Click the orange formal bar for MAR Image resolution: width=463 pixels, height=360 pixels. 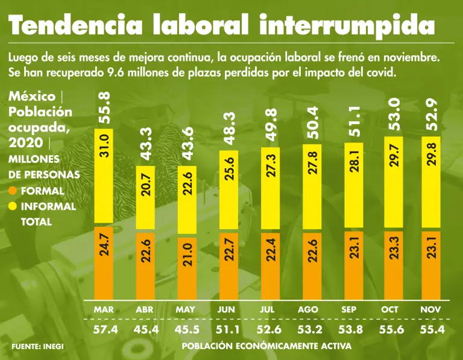(x=105, y=262)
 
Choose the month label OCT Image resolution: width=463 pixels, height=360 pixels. (x=390, y=309)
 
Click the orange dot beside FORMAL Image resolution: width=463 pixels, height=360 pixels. (x=13, y=191)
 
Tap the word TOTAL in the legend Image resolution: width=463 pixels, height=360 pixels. (x=36, y=222)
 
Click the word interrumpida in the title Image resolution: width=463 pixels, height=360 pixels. (x=348, y=26)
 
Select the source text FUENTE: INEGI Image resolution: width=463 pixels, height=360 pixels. (x=37, y=347)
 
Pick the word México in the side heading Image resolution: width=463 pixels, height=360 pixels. (x=32, y=97)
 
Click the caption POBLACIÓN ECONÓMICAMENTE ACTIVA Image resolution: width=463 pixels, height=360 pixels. (x=266, y=347)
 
